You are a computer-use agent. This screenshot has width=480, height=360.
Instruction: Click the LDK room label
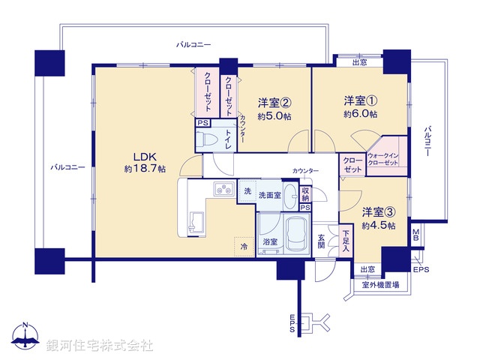click(144, 156)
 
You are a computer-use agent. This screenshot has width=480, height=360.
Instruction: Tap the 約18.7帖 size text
click(145, 169)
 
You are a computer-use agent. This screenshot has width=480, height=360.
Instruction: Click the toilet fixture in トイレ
click(206, 139)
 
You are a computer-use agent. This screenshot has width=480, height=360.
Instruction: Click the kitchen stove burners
click(223, 190)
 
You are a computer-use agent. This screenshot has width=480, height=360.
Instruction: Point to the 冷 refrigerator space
click(243, 246)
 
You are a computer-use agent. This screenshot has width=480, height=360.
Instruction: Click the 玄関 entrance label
click(321, 240)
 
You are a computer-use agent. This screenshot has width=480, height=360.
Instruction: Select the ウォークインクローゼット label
click(387, 160)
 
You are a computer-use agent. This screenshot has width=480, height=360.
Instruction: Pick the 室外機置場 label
click(381, 284)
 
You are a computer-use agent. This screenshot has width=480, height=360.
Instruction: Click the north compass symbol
click(26, 340)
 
